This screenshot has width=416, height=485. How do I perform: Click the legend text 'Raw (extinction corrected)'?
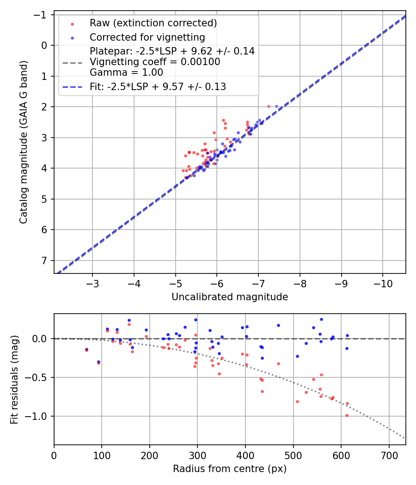click(153, 23)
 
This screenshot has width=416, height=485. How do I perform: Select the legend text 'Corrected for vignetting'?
click(147, 37)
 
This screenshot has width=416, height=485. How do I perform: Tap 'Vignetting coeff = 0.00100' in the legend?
click(155, 62)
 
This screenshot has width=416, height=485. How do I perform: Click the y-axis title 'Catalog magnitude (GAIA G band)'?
click(23, 142)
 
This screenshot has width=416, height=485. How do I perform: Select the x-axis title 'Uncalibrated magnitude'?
click(230, 297)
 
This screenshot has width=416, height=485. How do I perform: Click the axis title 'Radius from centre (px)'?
click(230, 469)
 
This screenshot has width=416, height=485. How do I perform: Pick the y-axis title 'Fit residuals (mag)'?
click(14, 380)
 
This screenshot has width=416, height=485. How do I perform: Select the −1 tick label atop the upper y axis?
click(43, 15)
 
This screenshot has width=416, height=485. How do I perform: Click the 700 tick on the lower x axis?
click(389, 455)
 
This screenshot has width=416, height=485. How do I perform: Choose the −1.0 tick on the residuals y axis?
click(40, 416)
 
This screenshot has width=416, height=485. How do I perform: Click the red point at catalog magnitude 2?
click(269, 106)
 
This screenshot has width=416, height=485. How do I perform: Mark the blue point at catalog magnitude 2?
click(277, 106)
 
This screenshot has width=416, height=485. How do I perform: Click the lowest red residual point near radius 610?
click(347, 415)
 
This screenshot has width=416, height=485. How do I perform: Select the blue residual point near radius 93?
click(98, 362)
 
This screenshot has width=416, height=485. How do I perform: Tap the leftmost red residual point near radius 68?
click(86, 350)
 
